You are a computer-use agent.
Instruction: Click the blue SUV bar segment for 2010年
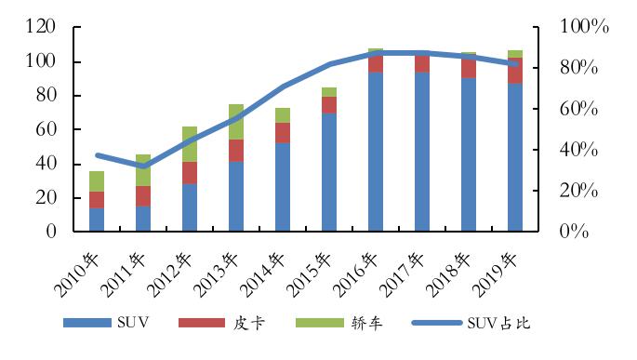97,220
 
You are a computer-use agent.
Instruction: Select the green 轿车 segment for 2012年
190,144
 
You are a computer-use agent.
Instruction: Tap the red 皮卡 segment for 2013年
236,151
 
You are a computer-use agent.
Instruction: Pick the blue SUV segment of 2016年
376,152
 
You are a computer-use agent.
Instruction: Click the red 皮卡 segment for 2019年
515,71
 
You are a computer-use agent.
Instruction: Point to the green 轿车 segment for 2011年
143,170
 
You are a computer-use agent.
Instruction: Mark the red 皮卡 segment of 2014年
283,133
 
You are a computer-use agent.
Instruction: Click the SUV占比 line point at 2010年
98,155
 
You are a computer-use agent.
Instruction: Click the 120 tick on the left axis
41,26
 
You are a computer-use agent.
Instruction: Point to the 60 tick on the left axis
46,129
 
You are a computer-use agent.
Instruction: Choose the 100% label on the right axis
584,26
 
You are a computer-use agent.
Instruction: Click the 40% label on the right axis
578,150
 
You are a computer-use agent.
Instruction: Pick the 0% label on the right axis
574,232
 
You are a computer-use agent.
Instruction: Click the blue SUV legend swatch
87,323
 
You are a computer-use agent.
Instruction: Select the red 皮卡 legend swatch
202,323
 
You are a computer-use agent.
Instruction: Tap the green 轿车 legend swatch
320,323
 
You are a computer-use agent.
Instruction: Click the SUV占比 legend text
498,323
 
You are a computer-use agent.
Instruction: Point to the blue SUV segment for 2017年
422,152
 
